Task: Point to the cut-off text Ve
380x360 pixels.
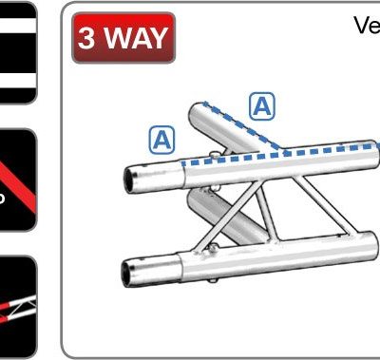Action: click(367, 26)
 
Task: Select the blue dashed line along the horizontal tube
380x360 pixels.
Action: click(285, 153)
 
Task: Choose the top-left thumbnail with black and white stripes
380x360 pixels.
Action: click(18, 52)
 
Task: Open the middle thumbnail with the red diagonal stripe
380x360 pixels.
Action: click(18, 180)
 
